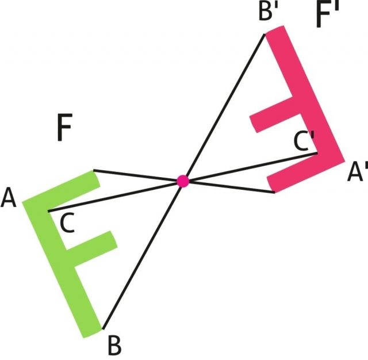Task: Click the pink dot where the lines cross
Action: click(x=183, y=181)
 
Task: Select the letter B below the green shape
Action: click(x=114, y=346)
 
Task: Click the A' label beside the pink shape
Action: click(x=356, y=172)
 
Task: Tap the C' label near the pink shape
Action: click(x=304, y=141)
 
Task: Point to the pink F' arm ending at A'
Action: click(x=305, y=175)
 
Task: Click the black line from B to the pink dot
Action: click(x=144, y=254)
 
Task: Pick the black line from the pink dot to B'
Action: click(x=224, y=106)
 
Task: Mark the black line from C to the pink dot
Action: click(x=115, y=196)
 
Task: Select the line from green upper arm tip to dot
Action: click(x=138, y=176)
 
